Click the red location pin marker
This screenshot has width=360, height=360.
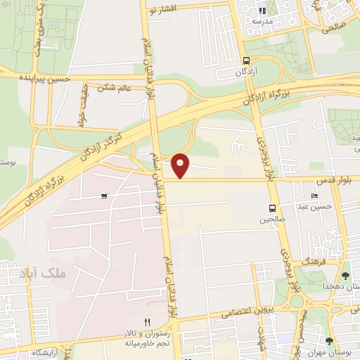181,165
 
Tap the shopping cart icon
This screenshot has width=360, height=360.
104,196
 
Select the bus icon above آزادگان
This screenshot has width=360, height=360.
245,60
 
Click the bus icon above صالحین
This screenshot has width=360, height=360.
272,208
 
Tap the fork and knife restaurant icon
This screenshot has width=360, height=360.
147,322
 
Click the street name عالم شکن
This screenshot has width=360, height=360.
116,86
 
